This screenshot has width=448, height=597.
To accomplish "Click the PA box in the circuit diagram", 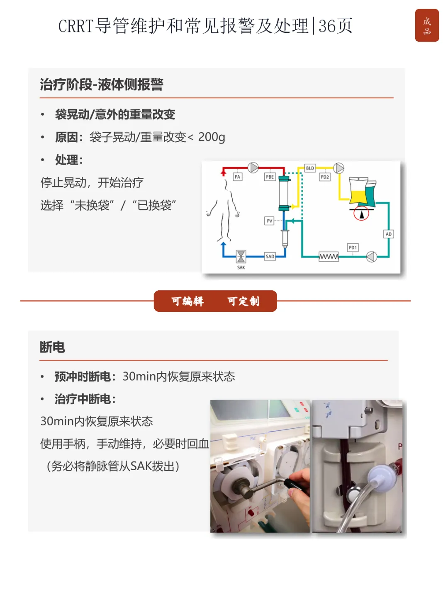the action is coord(237,177).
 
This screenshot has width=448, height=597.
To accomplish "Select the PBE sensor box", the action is coord(270,177).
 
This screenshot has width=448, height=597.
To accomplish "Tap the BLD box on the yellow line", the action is coord(309,168).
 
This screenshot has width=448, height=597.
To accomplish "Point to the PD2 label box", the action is coord(324,177).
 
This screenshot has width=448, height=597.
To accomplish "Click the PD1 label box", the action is coord(353,248).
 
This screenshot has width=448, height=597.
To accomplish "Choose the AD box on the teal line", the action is coord(388,234).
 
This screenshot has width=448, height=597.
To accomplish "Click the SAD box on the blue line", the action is coord(270,256).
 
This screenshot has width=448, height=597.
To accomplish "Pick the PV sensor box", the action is coord(269,221).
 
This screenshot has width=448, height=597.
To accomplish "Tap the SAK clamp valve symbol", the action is coord(241,257).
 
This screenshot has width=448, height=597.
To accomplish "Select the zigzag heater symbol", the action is coord(329,257).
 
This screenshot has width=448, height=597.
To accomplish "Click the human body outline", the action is coord(224,210).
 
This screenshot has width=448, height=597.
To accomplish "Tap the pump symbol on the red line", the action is coord(253,167).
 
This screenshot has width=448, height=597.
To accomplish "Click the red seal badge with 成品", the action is coord(426,25).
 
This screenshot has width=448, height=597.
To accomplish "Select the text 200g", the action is coord(212,137).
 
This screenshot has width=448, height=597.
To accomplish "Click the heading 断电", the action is coord(52,347).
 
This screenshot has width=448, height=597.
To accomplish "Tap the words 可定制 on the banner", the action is coord(243,301).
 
